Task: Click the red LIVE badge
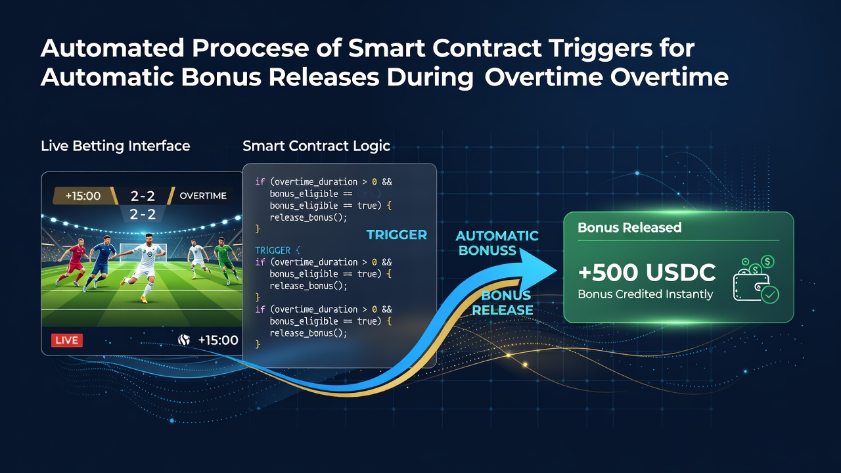coord(67,340)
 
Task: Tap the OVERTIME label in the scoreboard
coord(203,196)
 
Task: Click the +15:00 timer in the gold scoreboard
coord(83,196)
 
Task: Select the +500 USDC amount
coord(647,272)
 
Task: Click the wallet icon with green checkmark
coord(755,279)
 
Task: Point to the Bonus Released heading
coord(629,227)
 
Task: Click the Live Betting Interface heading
coord(115,146)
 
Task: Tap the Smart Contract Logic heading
coord(317,146)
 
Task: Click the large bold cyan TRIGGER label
coord(397,235)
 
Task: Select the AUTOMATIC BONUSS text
coord(497,243)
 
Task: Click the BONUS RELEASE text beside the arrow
coord(503,303)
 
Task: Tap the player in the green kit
coord(225,259)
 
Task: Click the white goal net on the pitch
coord(143,253)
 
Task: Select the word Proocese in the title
coord(250,48)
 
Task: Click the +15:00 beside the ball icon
coord(218,340)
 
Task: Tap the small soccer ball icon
coord(183,340)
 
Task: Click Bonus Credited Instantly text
coord(645,294)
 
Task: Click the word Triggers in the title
coord(600,49)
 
